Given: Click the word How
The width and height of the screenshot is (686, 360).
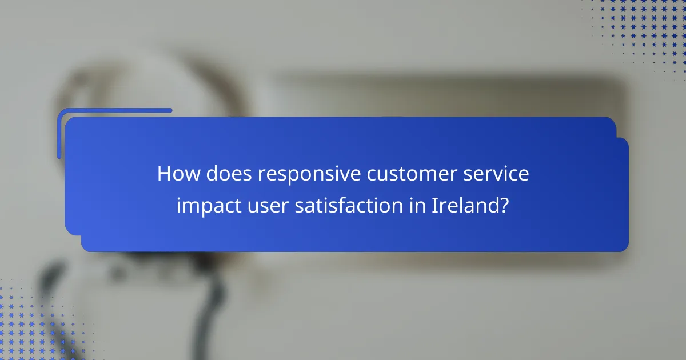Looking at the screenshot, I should (x=176, y=174).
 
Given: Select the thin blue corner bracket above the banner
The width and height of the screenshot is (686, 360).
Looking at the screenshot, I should (x=114, y=111).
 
